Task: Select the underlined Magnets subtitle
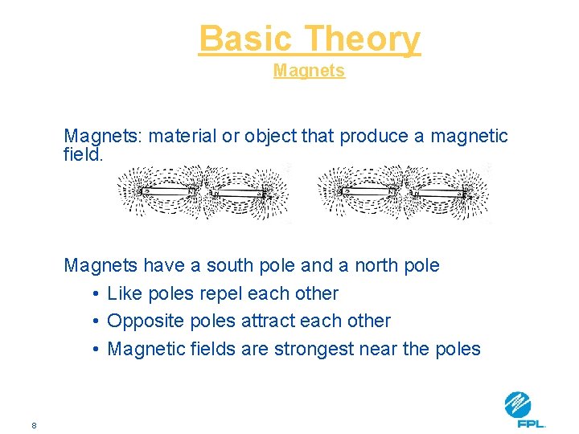(x=309, y=71)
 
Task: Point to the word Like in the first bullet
(x=123, y=293)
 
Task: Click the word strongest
(x=314, y=349)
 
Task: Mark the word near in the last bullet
(x=382, y=349)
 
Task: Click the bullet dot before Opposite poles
(x=95, y=321)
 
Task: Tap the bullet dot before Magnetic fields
(x=95, y=349)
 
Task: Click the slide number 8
(x=34, y=425)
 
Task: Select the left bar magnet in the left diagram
(x=166, y=190)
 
